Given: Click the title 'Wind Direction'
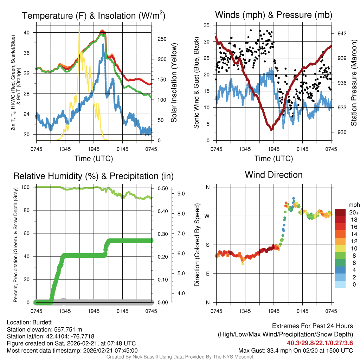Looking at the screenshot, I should tap(274, 175).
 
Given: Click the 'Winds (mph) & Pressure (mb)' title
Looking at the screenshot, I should tap(274, 15).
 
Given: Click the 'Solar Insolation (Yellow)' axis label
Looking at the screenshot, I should tap(174, 83).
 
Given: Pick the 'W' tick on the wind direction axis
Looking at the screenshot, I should tap(207, 216).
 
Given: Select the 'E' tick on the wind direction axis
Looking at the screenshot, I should tap(208, 274).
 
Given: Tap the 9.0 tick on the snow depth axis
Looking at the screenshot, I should tap(181, 193).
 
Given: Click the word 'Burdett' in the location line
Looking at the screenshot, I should tap(38, 322).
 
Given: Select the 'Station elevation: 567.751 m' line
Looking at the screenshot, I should tap(44, 329).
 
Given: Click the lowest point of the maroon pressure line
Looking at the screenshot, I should tap(271, 130).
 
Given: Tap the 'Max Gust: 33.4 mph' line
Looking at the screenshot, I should tap(295, 350).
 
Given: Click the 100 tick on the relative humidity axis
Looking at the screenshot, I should tap(29, 187).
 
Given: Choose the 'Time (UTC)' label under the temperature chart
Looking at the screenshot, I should tap(94, 159).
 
